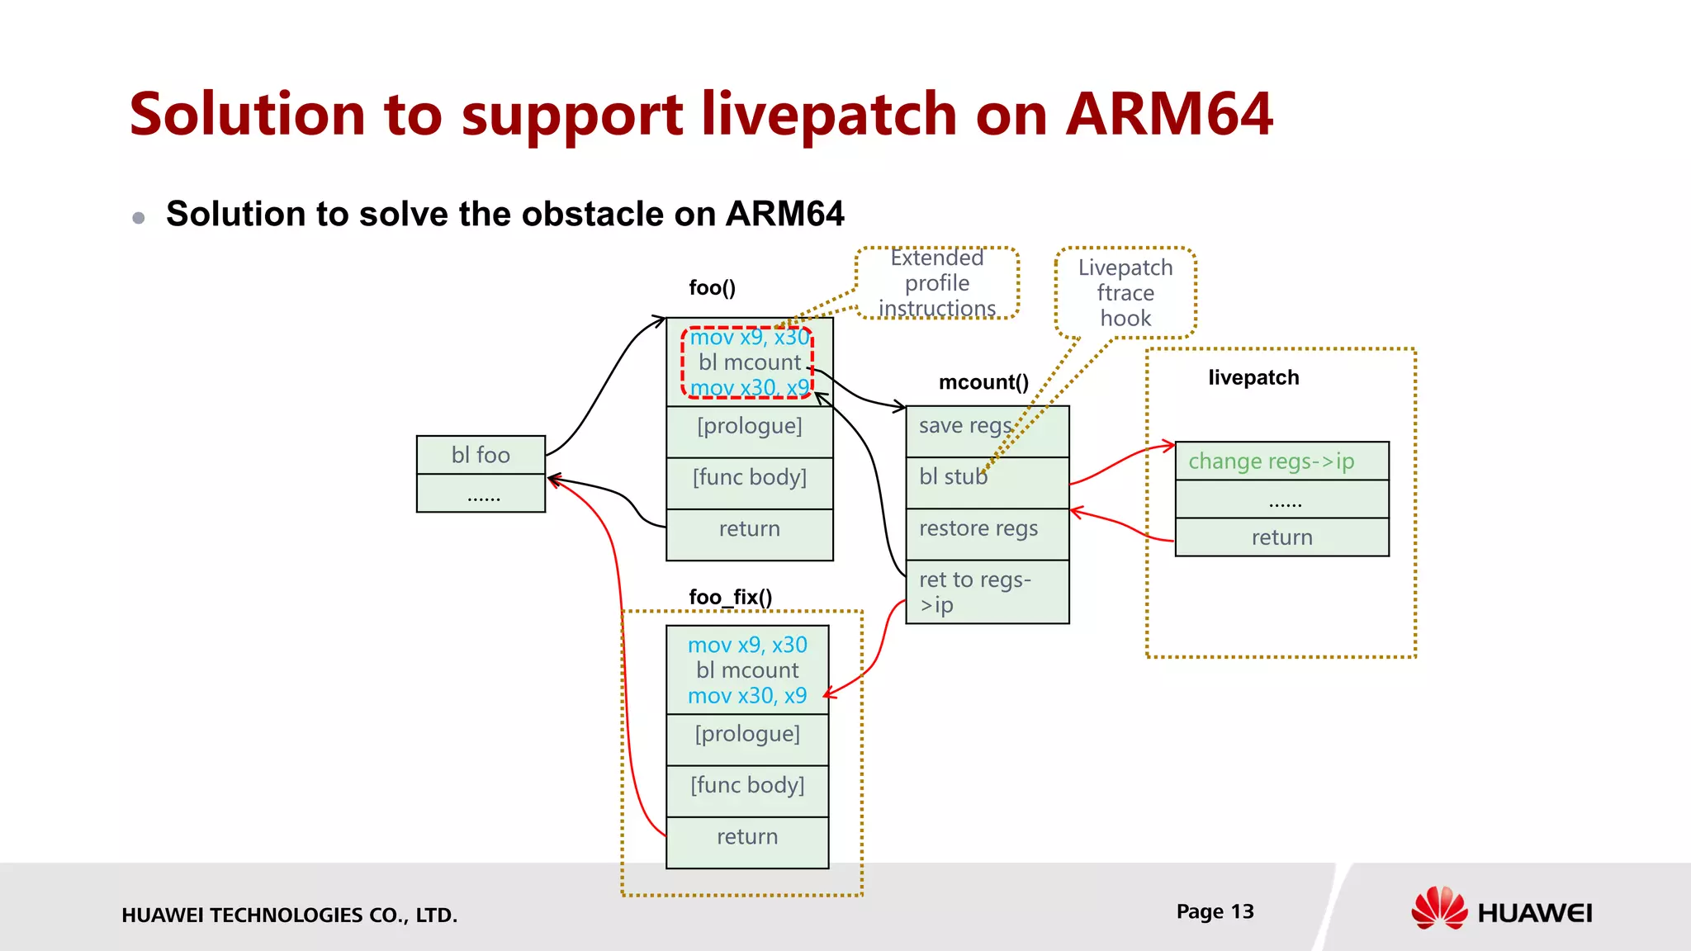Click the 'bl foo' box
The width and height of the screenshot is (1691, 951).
click(x=481, y=455)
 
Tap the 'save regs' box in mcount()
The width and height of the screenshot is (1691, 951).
click(x=987, y=431)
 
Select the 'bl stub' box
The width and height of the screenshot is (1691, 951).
click(x=987, y=482)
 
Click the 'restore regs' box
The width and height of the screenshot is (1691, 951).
click(x=987, y=533)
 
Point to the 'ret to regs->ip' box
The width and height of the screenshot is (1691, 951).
click(x=987, y=591)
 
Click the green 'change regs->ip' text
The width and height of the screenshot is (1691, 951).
click(x=1271, y=461)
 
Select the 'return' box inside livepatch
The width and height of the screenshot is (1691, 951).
click(x=1281, y=537)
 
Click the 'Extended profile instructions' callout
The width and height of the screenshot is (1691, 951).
click(x=937, y=283)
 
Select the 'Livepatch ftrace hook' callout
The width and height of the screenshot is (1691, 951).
click(x=1125, y=293)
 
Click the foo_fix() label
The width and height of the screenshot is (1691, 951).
click(x=731, y=597)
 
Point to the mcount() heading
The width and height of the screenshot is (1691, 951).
click(x=983, y=382)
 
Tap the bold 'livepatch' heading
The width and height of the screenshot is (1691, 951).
click(x=1253, y=377)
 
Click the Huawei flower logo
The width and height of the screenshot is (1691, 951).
click(x=1439, y=908)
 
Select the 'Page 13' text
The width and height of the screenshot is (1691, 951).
click(x=1215, y=911)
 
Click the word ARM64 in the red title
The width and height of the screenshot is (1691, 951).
click(x=1169, y=114)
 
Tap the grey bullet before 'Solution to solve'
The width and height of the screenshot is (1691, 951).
click(x=139, y=218)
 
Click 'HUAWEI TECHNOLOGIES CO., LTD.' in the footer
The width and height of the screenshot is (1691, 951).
click(x=289, y=915)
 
